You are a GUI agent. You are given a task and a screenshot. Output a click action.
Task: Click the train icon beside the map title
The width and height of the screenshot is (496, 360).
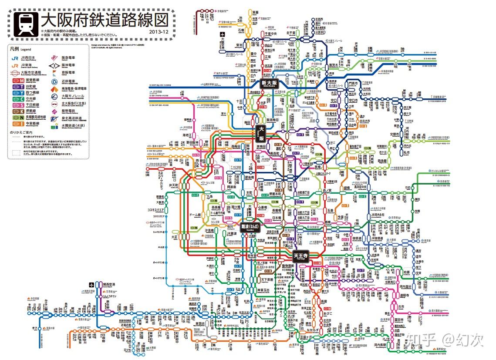25,23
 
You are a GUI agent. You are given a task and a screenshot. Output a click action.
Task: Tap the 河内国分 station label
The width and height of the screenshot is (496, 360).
403,287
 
